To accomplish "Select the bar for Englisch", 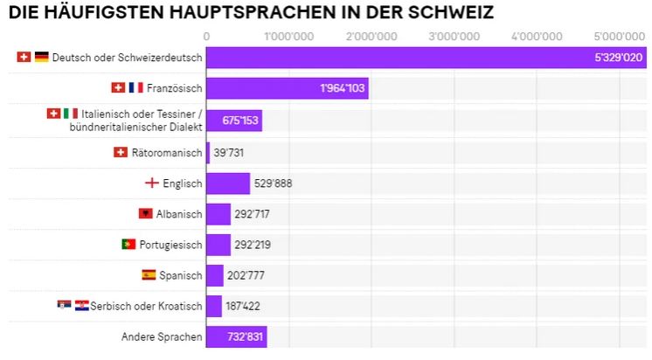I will [228, 183].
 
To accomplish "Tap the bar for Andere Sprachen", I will [236, 336].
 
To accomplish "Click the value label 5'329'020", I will [618, 58].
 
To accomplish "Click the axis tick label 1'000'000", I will [288, 36].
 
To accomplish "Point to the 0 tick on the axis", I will [206, 36].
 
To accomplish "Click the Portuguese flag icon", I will [128, 245].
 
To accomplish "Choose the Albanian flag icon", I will [145, 214].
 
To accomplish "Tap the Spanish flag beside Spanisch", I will [149, 275].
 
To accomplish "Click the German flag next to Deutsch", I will [42, 58].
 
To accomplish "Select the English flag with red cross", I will [152, 183].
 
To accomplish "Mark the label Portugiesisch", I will [171, 245].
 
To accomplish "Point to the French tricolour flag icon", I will [135, 88].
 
